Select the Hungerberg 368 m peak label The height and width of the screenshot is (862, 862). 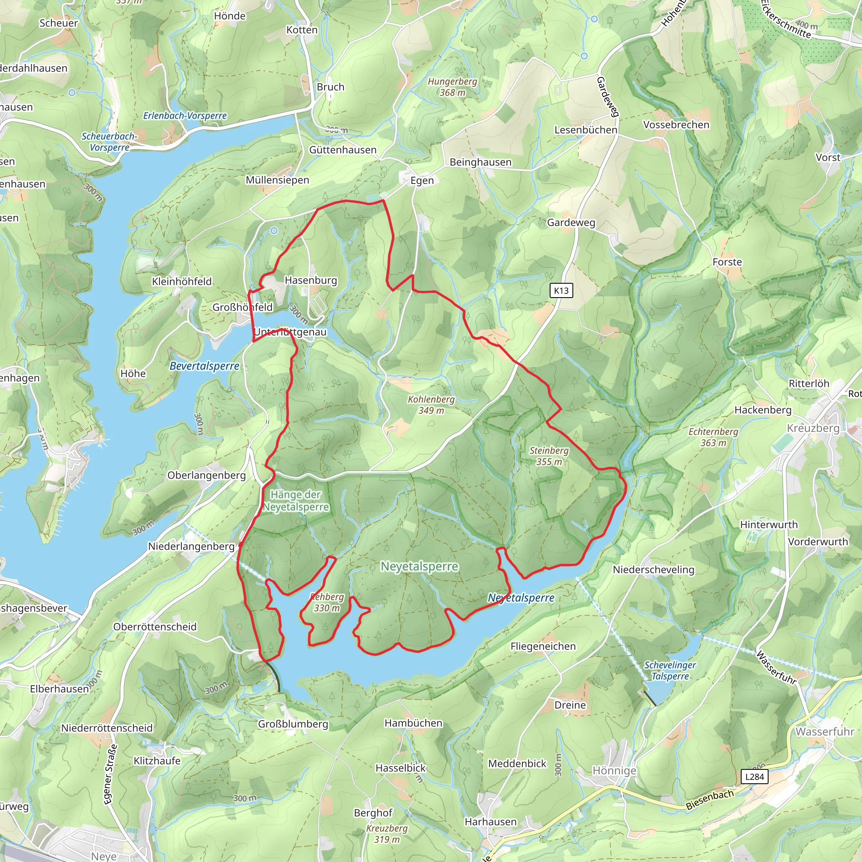point(452,87)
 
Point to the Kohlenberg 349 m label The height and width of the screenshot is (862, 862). point(431,404)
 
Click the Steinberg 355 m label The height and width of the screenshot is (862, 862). point(549,456)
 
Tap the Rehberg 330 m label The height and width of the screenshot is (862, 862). point(327,602)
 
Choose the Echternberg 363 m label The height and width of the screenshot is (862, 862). point(713,437)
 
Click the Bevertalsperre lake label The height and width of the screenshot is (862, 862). point(204,366)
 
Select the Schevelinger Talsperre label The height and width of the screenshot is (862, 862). point(670,670)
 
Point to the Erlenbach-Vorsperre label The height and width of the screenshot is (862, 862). point(185,116)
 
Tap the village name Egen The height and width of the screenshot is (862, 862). point(422,181)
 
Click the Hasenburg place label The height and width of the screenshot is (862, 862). point(311,280)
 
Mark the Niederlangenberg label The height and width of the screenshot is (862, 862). point(191,546)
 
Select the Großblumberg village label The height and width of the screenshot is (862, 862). point(293,724)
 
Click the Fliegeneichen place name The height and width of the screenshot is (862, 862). point(543,646)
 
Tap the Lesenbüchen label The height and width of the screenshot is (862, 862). point(585,130)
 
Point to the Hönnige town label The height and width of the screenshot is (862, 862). point(614,771)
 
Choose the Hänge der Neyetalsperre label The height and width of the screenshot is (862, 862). point(295,500)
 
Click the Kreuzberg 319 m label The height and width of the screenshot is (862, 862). point(387,834)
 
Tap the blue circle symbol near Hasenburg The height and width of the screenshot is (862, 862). point(274,231)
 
